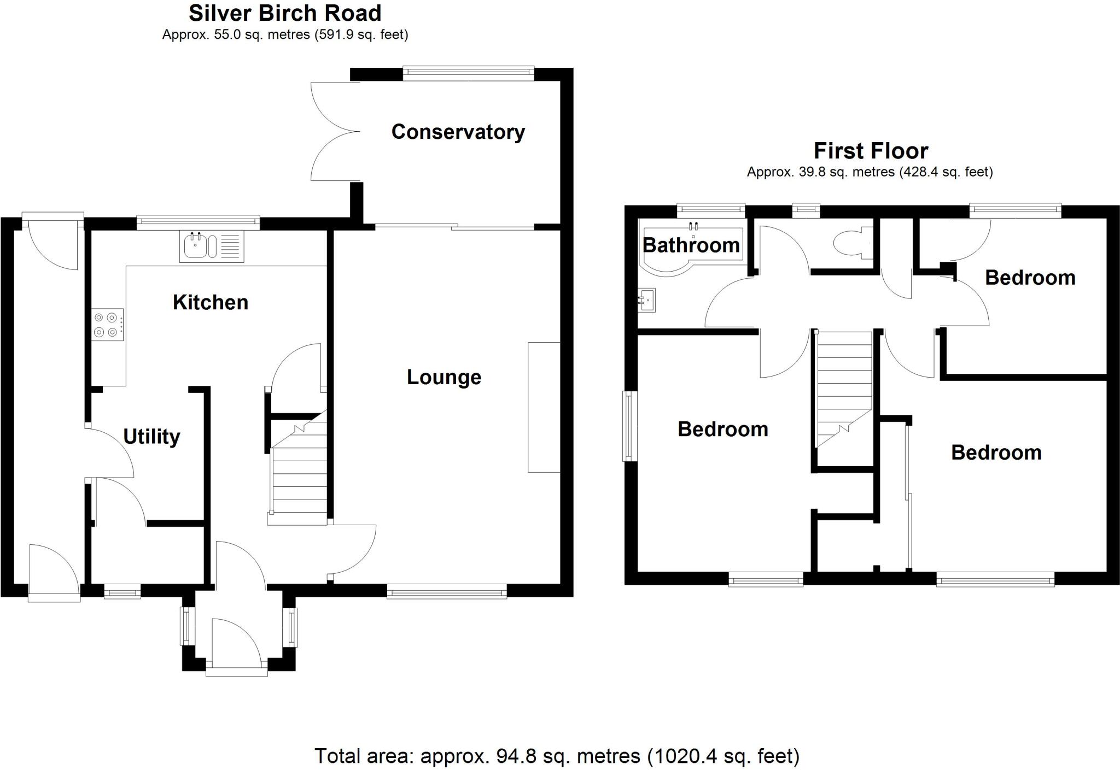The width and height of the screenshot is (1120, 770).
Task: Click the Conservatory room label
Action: pos(458,132)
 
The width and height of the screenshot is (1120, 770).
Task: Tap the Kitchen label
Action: pos(211,302)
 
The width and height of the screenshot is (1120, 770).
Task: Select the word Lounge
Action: pos(444,377)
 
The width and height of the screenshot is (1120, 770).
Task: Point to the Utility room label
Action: pos(151,437)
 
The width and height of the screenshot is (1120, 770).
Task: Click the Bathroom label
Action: pos(691,245)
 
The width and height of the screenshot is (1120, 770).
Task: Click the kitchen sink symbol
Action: pos(212,246)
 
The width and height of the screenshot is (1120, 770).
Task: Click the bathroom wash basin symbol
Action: pos(646,299)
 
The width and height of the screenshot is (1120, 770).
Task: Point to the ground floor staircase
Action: pos(299,475)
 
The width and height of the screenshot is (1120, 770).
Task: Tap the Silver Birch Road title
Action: pos(285,13)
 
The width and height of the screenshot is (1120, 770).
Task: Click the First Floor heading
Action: pos(871,151)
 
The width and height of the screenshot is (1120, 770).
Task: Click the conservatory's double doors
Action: pos(335,132)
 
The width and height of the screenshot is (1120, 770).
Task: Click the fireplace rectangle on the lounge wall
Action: pos(544,407)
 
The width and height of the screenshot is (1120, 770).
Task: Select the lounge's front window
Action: pos(447,591)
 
